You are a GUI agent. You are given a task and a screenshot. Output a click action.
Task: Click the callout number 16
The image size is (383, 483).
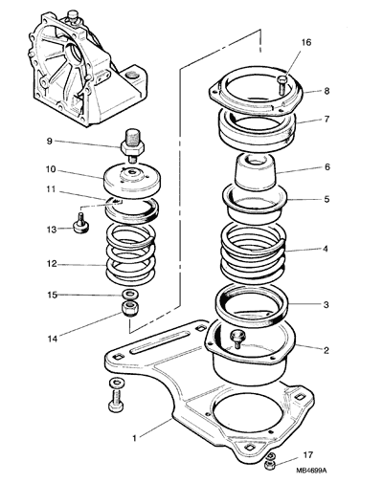click(x=306, y=42)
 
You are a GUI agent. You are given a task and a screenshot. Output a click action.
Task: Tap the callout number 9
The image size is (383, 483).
click(x=50, y=141)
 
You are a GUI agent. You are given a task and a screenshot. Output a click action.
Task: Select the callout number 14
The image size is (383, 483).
click(x=53, y=339)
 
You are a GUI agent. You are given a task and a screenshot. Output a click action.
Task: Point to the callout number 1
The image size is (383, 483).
click(x=134, y=438)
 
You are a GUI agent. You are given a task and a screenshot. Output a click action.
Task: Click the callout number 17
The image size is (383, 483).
click(x=307, y=454)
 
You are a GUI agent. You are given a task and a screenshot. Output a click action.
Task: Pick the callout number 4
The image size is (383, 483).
click(x=326, y=249)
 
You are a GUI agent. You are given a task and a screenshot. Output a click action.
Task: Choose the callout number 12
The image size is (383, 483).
click(x=52, y=264)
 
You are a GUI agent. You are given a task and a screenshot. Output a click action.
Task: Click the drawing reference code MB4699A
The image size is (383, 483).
click(x=311, y=471)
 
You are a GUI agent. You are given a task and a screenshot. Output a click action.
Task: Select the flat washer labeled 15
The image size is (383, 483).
click(x=128, y=294)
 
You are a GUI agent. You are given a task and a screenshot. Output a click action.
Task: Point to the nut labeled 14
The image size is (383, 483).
click(x=130, y=309)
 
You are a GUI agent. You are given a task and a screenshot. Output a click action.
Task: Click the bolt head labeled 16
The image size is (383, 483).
click(x=282, y=83)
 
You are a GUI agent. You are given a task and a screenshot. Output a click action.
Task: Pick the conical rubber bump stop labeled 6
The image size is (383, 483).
click(x=255, y=171)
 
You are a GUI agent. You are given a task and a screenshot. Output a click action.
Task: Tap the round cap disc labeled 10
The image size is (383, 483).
click(x=133, y=179)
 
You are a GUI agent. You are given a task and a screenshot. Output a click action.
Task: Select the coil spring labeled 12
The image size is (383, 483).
click(x=130, y=254)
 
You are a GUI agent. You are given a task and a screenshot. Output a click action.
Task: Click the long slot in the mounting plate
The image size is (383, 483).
click(x=160, y=342)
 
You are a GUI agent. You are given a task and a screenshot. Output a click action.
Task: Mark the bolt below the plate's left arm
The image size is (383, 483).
click(x=116, y=396)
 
